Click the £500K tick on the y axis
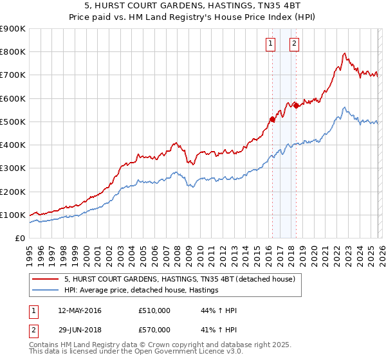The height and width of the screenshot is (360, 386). (x=12, y=122)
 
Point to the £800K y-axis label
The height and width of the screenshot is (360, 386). (x=12, y=52)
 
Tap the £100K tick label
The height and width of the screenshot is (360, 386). (x=12, y=215)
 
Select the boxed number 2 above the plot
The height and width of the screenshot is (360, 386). (x=294, y=44)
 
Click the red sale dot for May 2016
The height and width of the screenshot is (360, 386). (x=272, y=119)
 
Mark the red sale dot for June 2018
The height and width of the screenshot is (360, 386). (x=296, y=105)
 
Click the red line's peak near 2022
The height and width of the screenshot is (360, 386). (x=345, y=53)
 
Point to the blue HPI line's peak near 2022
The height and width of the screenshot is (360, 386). (x=345, y=107)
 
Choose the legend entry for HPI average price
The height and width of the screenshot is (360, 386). (x=142, y=291)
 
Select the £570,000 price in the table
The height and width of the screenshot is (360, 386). (x=154, y=329)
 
